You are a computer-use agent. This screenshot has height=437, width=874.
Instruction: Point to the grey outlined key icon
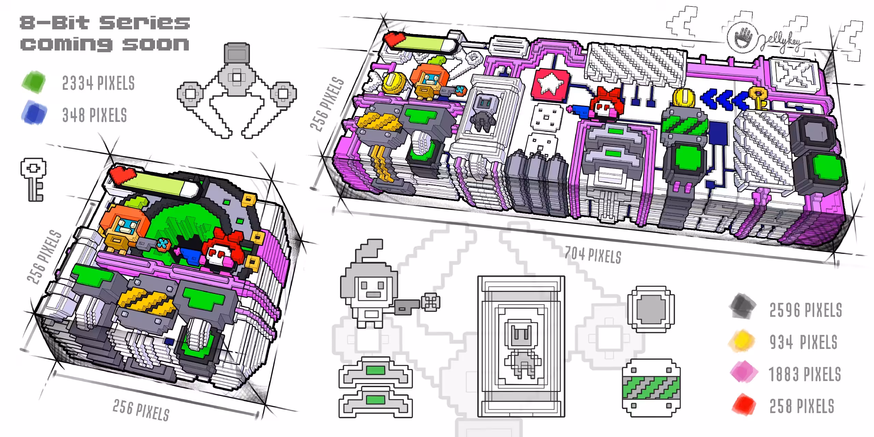33,179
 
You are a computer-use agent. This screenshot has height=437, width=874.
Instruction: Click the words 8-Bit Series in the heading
105,23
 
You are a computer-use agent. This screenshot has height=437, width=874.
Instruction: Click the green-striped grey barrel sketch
651,388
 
